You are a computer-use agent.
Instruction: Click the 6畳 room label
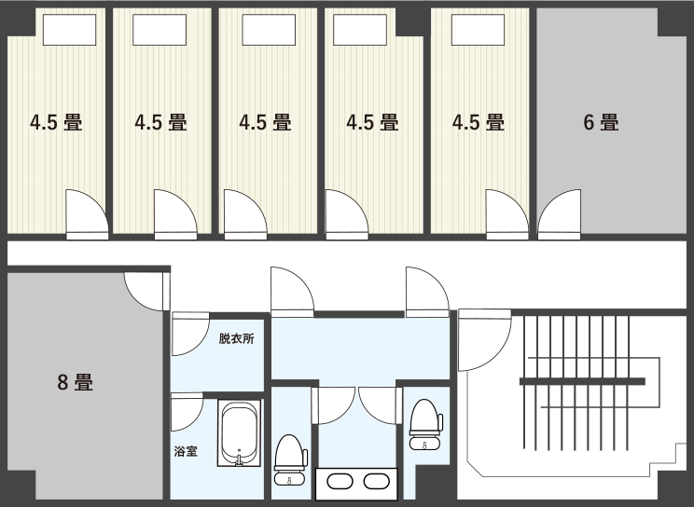pyautogui.click(x=601, y=122)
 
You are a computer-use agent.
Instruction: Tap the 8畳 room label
pyautogui.click(x=76, y=382)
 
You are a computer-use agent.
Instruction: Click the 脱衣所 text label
pyautogui.click(x=236, y=339)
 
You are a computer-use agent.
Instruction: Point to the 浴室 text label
pyautogui.click(x=186, y=452)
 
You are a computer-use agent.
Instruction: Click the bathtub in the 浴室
pyautogui.click(x=239, y=432)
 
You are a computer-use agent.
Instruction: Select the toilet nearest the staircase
pyautogui.click(x=425, y=425)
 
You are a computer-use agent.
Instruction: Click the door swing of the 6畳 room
pyautogui.click(x=559, y=214)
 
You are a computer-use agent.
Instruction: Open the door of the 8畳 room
pyautogui.click(x=147, y=291)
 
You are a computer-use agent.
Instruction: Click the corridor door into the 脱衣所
pyautogui.click(x=190, y=334)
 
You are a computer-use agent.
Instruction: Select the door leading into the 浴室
pyautogui.click(x=187, y=411)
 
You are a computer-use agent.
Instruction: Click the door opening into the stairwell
pyautogui.click(x=485, y=340)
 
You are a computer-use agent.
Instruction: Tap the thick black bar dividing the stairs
pyautogui.click(x=582, y=381)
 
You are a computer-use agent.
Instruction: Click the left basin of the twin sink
pyautogui.click(x=340, y=482)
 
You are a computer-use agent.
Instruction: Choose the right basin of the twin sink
pyautogui.click(x=377, y=482)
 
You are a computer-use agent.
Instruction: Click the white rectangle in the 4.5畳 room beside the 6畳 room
pyautogui.click(x=478, y=30)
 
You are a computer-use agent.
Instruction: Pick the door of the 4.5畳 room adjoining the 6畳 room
pyautogui.click(x=507, y=214)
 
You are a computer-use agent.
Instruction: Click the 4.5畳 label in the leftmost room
pyautogui.click(x=56, y=122)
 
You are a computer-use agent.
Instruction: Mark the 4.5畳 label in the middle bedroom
pyautogui.click(x=266, y=122)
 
